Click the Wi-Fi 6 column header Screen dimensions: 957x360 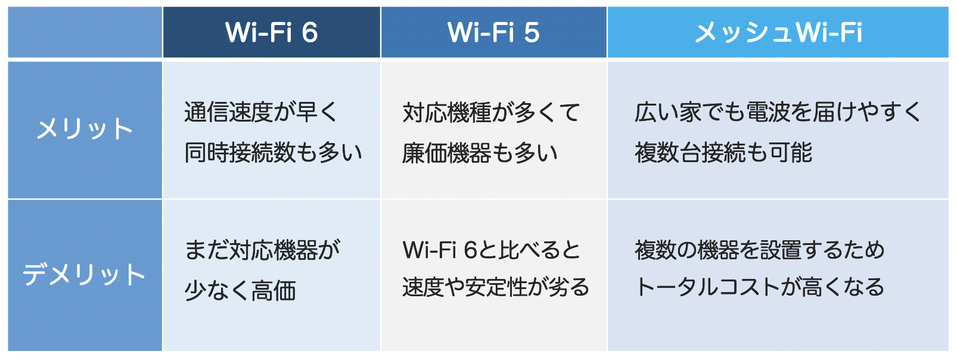point(272,32)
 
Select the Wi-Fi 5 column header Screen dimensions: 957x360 point(493,32)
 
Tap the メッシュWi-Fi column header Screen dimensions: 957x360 point(778,32)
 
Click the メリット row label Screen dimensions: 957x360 point(85,129)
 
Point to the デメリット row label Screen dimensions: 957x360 point(84,274)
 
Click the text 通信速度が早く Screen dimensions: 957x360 point(261,112)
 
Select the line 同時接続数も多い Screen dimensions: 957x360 point(274,152)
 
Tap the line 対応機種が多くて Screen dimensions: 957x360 point(492,112)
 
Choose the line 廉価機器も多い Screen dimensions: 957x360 point(480,153)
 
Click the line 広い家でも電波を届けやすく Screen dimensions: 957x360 point(778,112)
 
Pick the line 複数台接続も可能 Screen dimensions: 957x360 point(723,152)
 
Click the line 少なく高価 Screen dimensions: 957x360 point(240,291)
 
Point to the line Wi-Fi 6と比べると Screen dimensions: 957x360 point(492,250)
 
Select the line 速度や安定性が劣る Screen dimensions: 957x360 point(496,287)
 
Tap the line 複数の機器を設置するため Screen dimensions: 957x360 point(759,250)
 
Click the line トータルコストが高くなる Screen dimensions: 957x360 point(759,287)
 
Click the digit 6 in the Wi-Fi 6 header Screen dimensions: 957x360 point(310,32)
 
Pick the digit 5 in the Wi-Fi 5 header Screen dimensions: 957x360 point(532,32)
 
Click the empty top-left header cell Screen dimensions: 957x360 point(85,32)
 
